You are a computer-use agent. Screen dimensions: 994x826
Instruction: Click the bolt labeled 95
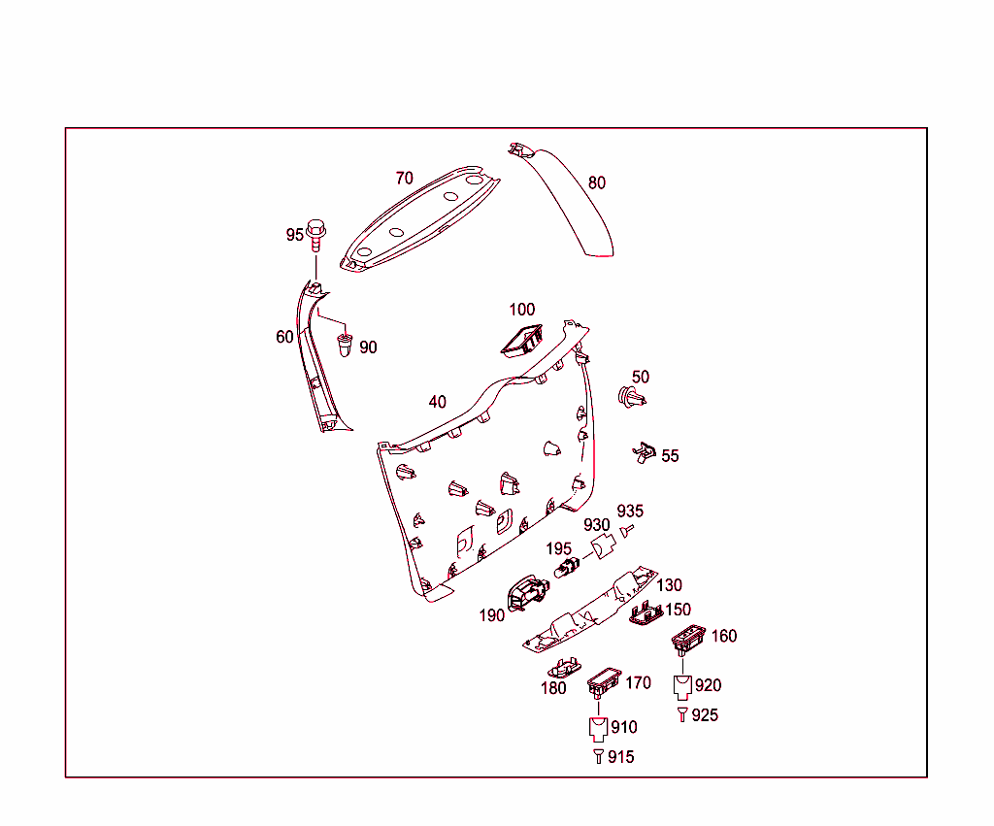pyautogui.click(x=315, y=235)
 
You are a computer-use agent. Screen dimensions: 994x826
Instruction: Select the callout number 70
pyautogui.click(x=405, y=179)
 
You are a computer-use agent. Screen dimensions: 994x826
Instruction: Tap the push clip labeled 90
pyautogui.click(x=345, y=345)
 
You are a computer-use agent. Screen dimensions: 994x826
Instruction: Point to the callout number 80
pyautogui.click(x=597, y=182)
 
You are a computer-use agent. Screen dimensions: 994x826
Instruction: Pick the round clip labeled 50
pyautogui.click(x=632, y=397)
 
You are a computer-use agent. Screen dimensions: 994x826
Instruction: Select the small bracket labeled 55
pyautogui.click(x=645, y=452)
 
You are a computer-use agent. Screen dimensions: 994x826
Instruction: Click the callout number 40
pyautogui.click(x=438, y=402)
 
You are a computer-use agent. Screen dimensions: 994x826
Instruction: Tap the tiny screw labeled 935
pyautogui.click(x=627, y=530)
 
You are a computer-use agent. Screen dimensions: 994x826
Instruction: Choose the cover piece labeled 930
pyautogui.click(x=603, y=545)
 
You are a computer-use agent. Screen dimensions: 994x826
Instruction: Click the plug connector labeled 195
pyautogui.click(x=567, y=567)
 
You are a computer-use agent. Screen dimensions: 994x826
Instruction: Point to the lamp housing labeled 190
pyautogui.click(x=527, y=593)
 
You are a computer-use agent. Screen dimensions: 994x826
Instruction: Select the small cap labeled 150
pyautogui.click(x=646, y=613)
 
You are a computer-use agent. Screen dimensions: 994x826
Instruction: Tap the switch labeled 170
pyautogui.click(x=604, y=682)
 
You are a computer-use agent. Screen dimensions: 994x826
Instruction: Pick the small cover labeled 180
pyautogui.click(x=565, y=668)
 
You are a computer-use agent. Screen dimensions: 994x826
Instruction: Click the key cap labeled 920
pyautogui.click(x=682, y=687)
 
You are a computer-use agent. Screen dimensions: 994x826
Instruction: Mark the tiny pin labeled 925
pyautogui.click(x=682, y=714)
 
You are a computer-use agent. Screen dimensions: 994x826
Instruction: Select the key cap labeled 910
pyautogui.click(x=598, y=729)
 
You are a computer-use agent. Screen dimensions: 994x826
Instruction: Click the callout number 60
pyautogui.click(x=284, y=337)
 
